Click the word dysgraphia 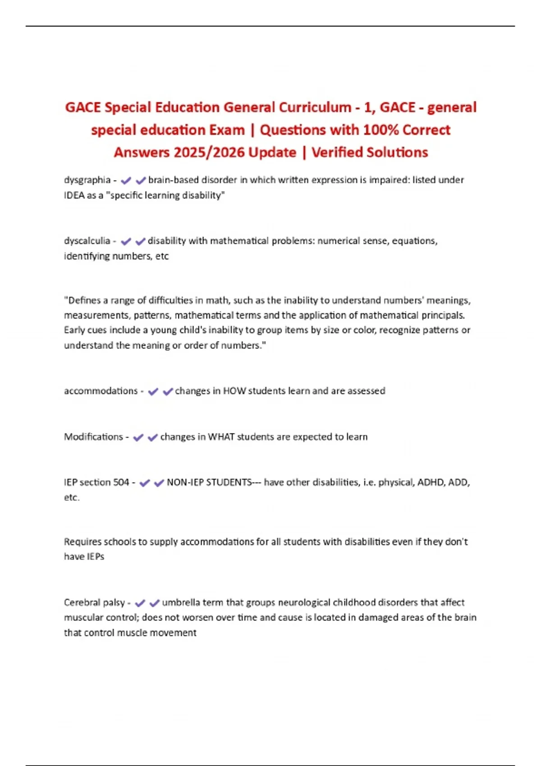pyautogui.click(x=87, y=180)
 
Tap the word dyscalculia pyautogui.click(x=87, y=241)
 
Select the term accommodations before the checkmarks pyautogui.click(x=101, y=391)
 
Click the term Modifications pyautogui.click(x=93, y=437)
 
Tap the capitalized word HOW pyautogui.click(x=234, y=391)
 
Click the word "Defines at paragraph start pyautogui.click(x=82, y=300)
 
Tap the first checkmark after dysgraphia pyautogui.click(x=126, y=180)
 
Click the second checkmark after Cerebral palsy pyautogui.click(x=155, y=603)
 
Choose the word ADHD pyautogui.click(x=431, y=482)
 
